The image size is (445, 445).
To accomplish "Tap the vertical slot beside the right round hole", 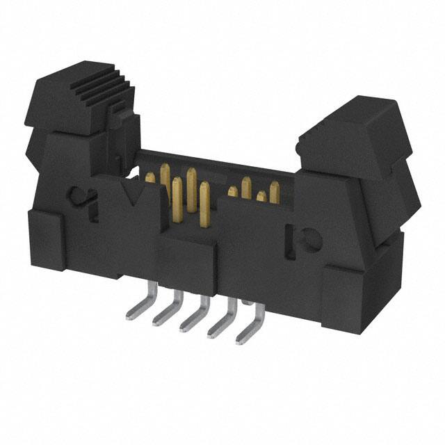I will pos(288,240).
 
